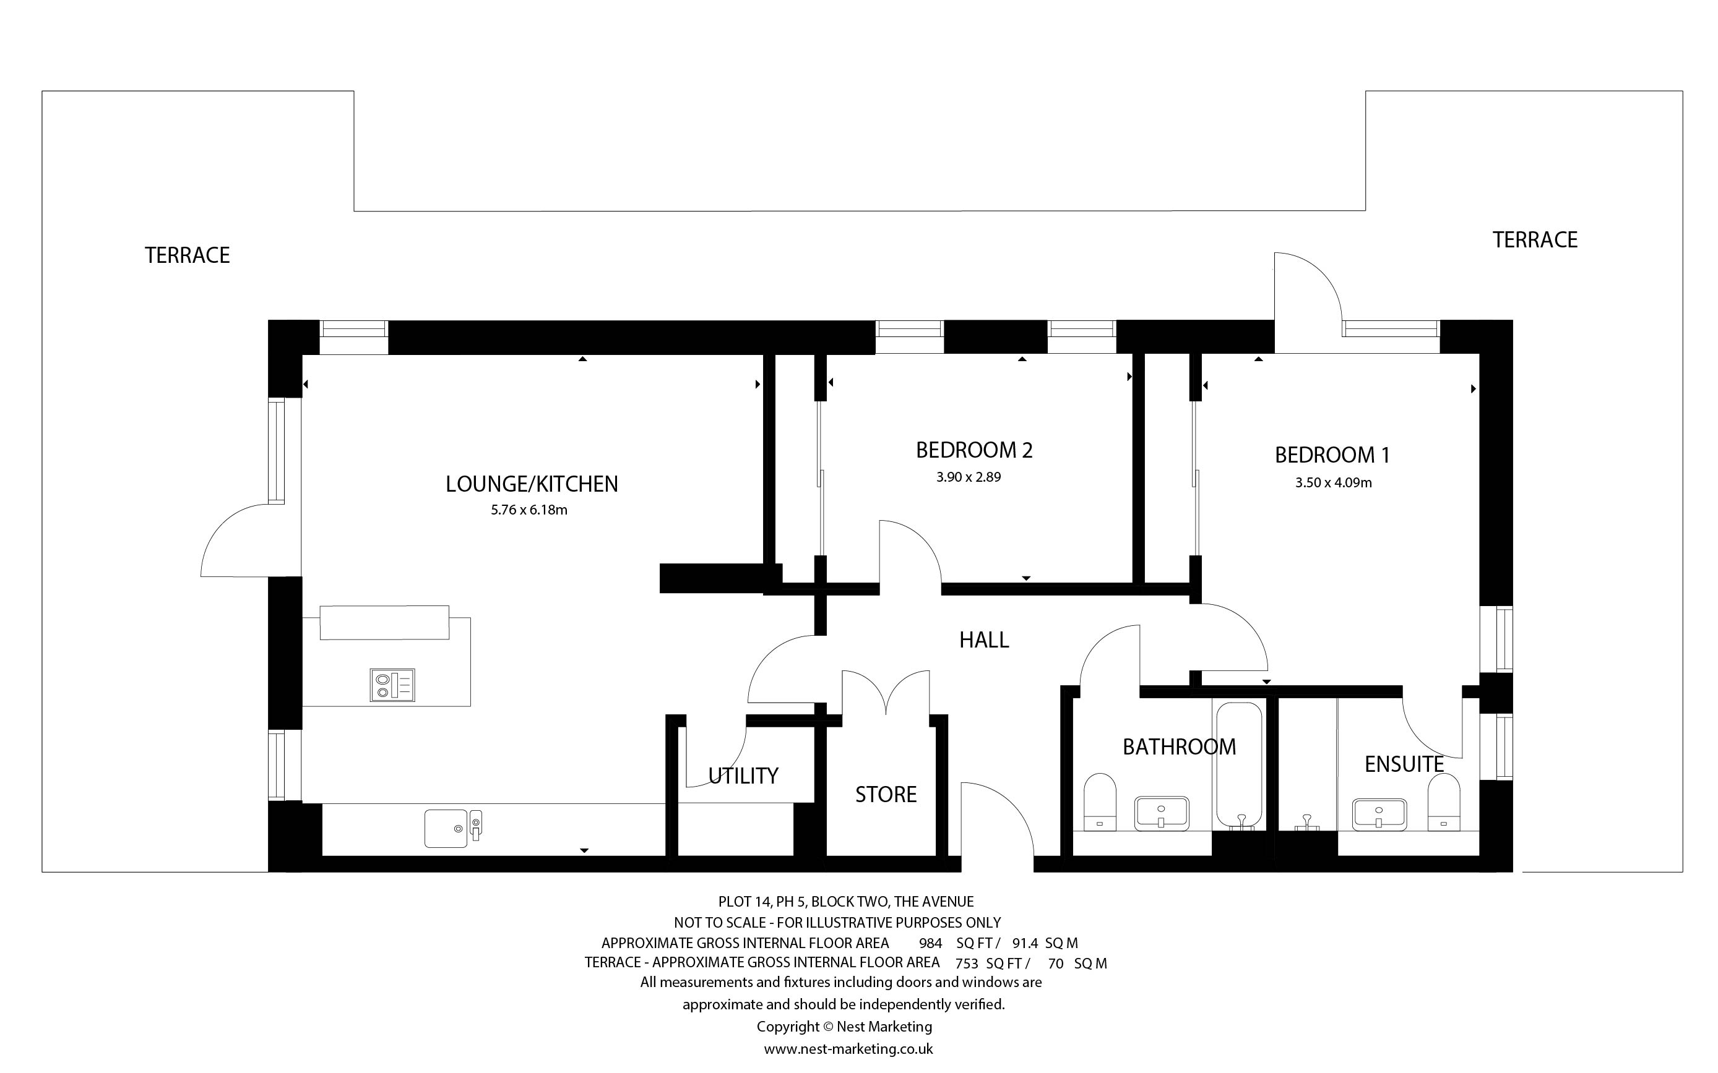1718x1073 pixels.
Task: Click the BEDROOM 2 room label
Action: (974, 450)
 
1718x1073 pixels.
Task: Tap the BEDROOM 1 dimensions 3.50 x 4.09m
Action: (1333, 482)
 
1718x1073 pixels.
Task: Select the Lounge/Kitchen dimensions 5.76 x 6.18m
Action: (529, 510)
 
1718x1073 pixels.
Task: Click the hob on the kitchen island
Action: (392, 685)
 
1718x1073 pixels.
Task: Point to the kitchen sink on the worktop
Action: (453, 828)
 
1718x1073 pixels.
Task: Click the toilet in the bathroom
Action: (1100, 802)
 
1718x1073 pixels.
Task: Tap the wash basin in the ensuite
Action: (1379, 814)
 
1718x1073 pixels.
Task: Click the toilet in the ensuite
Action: (1443, 802)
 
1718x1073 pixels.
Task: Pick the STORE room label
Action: (886, 794)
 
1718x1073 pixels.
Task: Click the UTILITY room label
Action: (743, 776)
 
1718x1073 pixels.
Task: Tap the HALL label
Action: (984, 640)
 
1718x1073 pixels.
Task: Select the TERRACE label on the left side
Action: (188, 255)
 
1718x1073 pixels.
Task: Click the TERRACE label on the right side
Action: (1535, 240)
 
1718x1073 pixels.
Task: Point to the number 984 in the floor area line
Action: (930, 943)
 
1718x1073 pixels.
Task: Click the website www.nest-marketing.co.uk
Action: (848, 1048)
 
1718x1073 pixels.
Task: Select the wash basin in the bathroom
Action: (1162, 814)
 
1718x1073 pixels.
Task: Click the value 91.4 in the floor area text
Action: (1025, 943)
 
